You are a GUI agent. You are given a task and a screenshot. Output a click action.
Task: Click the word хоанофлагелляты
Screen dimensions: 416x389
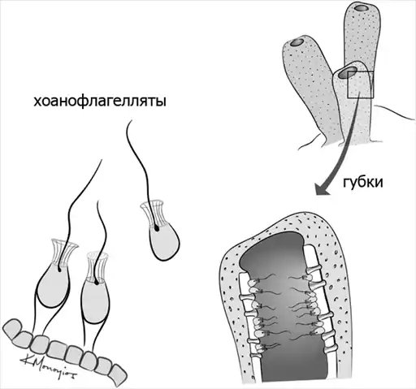[100, 102]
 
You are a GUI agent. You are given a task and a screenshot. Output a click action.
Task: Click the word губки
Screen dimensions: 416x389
[363, 184]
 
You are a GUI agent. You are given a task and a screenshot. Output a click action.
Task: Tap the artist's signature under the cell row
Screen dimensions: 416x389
[48, 366]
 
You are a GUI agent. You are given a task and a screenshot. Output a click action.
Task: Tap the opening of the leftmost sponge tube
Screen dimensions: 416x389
[297, 42]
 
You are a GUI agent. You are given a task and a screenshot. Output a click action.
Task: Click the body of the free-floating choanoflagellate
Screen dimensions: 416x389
[163, 242]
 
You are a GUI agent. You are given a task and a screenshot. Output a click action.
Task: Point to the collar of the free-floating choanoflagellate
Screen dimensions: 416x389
[153, 214]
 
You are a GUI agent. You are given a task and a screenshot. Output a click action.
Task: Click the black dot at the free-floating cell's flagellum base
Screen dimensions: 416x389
[157, 229]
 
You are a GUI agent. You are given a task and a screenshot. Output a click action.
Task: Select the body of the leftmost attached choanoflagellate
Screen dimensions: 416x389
[53, 286]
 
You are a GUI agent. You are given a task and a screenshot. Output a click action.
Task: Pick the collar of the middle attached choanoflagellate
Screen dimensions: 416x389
[97, 266]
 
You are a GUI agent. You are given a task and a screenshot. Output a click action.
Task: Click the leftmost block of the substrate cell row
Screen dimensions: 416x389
[13, 328]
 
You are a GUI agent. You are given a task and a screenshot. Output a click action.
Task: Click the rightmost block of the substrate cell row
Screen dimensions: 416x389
[118, 374]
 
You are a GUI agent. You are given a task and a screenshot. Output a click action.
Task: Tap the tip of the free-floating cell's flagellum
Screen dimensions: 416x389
[132, 120]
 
